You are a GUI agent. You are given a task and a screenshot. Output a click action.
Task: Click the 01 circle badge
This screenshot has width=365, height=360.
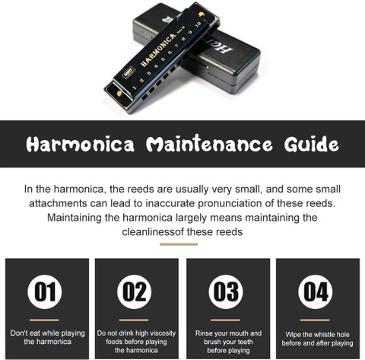tap(45, 292)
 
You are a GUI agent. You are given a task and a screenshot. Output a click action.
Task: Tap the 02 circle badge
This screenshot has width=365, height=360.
tap(135, 292)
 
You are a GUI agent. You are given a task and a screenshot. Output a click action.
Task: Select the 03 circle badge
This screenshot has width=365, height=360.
tap(226, 292)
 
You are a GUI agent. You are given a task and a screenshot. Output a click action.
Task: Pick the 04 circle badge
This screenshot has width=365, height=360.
tap(316, 292)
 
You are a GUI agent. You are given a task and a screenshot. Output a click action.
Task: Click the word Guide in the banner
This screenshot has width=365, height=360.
tap(312, 144)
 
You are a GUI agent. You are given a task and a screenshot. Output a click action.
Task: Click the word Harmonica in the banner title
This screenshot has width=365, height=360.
tap(80, 144)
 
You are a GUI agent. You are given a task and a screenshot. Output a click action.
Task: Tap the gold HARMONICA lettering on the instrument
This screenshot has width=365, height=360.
tap(158, 50)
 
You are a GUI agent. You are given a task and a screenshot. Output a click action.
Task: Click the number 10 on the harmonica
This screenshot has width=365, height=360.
tap(198, 24)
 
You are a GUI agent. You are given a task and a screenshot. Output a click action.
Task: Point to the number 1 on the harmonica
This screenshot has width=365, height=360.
tap(135, 88)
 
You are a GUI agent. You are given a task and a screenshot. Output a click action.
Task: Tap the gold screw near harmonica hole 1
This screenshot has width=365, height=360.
tap(119, 94)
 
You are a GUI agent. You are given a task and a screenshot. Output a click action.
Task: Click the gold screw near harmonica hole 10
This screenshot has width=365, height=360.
tap(202, 14)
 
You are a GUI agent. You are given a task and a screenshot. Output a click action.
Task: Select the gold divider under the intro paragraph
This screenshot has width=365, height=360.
tap(179, 244)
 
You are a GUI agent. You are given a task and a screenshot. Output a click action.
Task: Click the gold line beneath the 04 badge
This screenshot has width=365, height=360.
tap(315, 320)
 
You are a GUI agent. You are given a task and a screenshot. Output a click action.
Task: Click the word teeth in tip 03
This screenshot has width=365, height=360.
tap(244, 342)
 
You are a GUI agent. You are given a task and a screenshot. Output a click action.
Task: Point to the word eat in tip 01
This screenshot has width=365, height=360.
tap(35, 333)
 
